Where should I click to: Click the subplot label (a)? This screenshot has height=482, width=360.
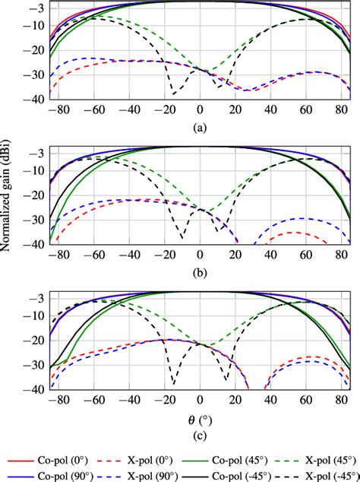[x=199, y=128]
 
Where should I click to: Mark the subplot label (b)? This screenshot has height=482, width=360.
[x=199, y=271]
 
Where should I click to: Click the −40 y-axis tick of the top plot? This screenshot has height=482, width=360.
[x=35, y=98]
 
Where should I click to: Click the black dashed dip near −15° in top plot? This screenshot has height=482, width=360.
[x=174, y=94]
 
